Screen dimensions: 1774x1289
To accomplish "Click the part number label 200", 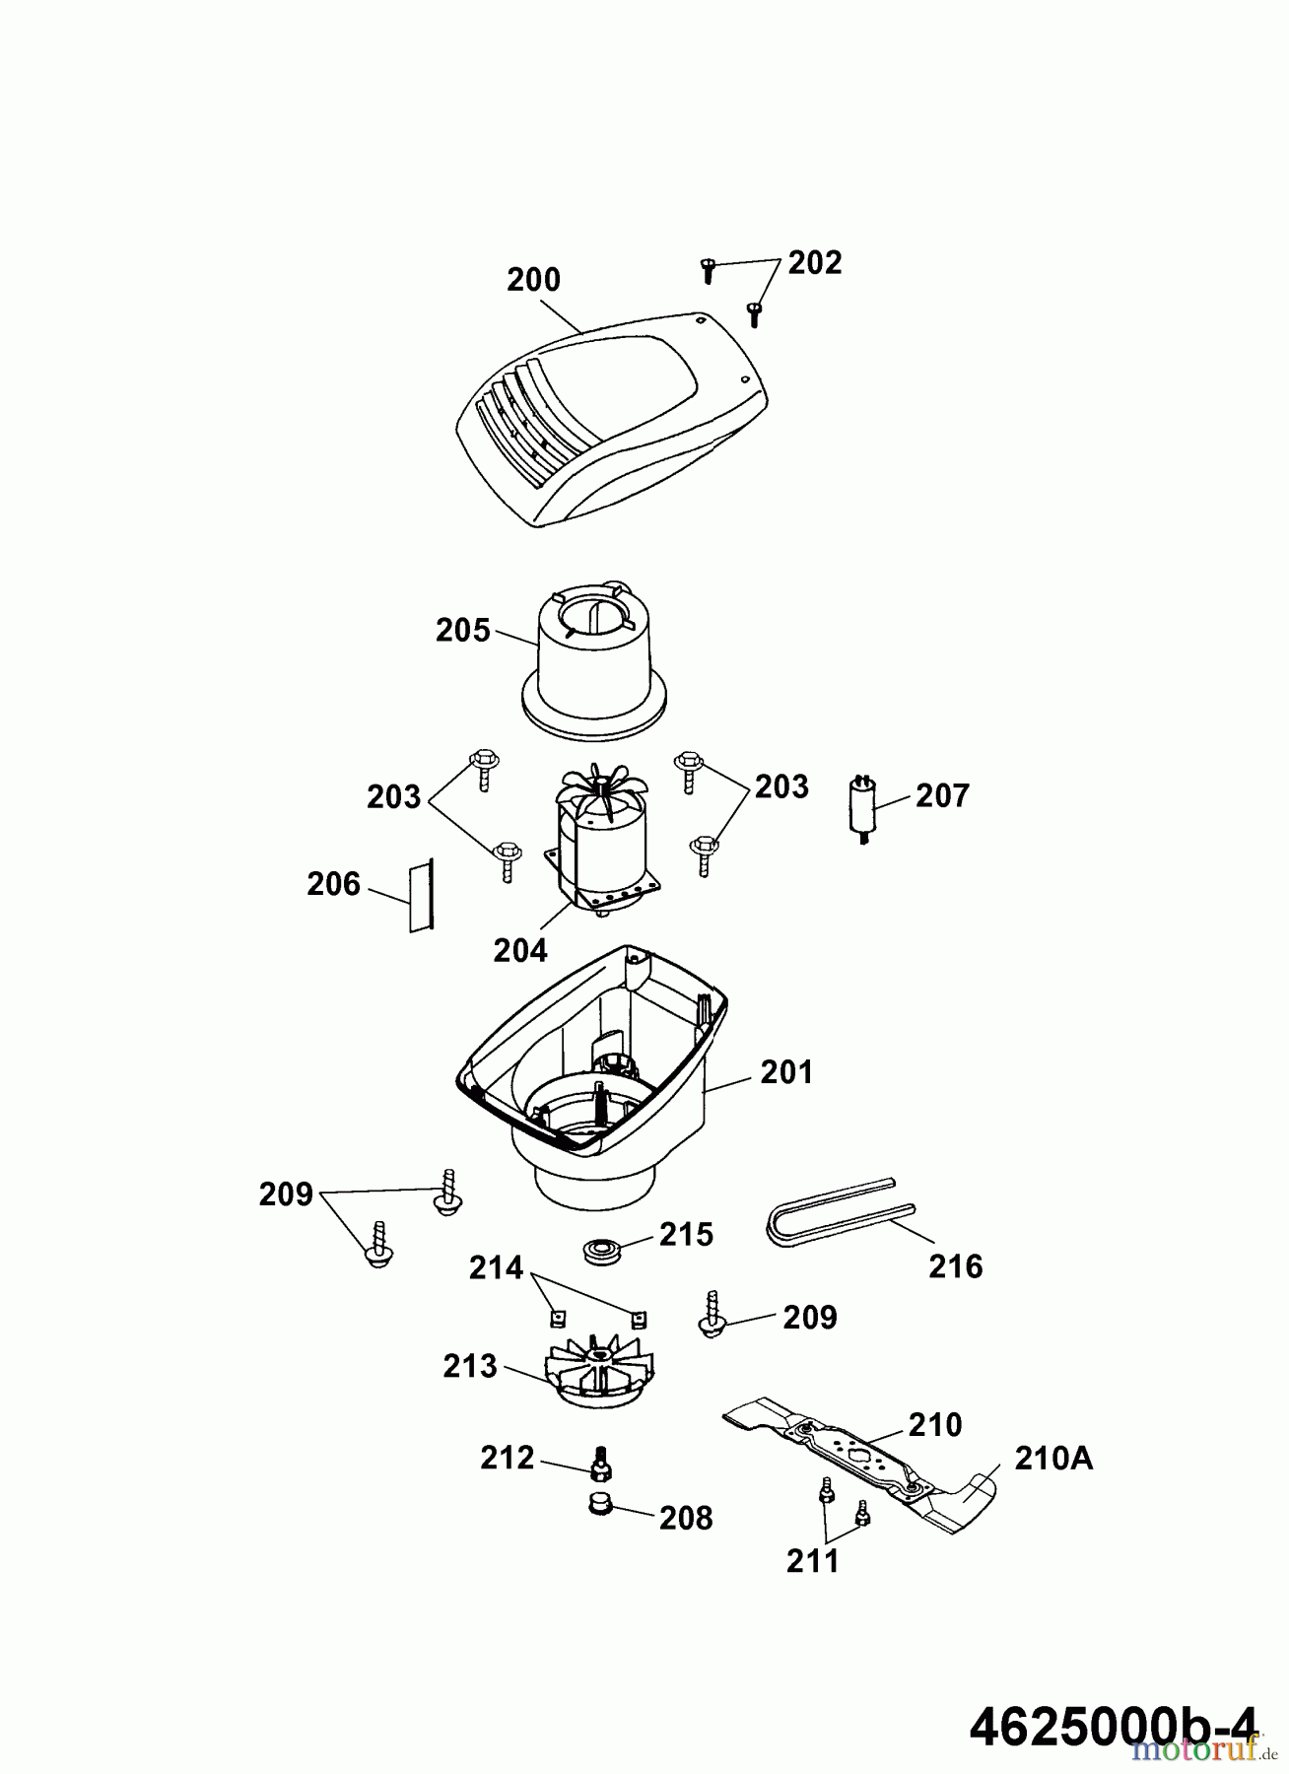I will (x=533, y=280).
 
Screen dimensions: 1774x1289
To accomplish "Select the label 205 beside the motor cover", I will (x=462, y=630).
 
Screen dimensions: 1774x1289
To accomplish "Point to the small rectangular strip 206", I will (x=423, y=894).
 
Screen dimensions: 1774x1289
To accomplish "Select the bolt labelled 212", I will (x=598, y=1461).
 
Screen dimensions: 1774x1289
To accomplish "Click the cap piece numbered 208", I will (x=597, y=1506).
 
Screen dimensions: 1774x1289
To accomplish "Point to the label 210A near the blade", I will (x=1053, y=1458).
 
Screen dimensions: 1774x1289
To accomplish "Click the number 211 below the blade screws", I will (x=812, y=1560).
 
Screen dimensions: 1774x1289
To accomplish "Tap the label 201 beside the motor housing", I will (x=786, y=1071).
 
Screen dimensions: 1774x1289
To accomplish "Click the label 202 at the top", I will (x=815, y=263).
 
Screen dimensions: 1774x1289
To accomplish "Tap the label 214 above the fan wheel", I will (x=496, y=1267).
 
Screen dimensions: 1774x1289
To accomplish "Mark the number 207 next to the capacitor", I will (x=942, y=795).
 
